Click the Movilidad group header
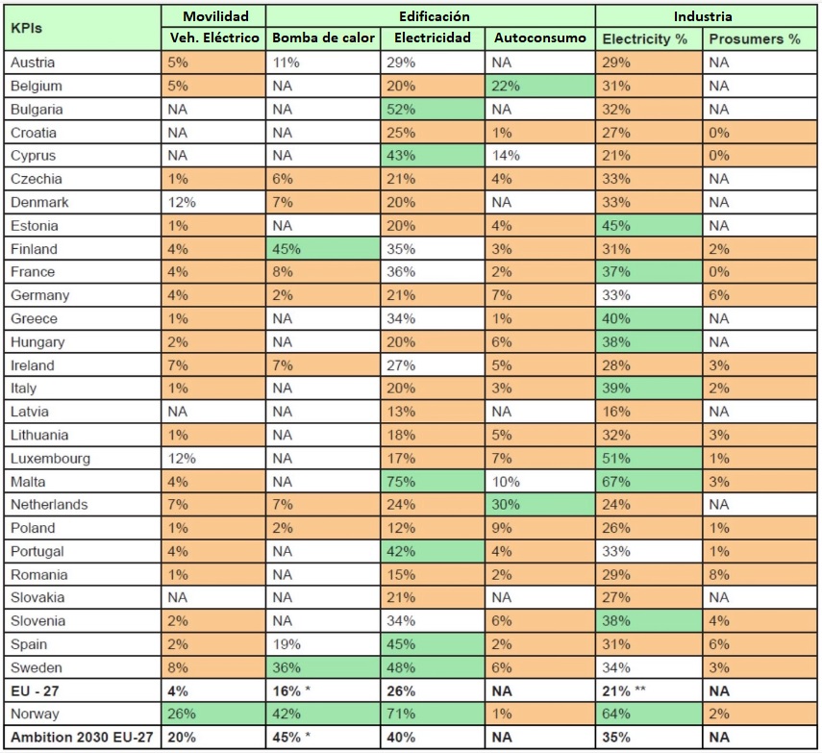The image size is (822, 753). point(212,16)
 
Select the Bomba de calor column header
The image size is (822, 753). point(323,39)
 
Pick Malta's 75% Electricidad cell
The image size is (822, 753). point(431,482)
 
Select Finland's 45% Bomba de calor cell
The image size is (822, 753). point(323,249)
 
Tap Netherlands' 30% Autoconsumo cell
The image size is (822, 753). point(540,505)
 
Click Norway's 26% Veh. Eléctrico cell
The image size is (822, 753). point(212,715)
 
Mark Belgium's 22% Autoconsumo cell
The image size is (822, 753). point(540,86)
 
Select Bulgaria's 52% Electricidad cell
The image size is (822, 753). point(431,110)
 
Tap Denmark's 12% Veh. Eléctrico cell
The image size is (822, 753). point(212,203)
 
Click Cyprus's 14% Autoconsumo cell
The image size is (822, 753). point(540,156)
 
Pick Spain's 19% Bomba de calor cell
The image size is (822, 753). point(323,644)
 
